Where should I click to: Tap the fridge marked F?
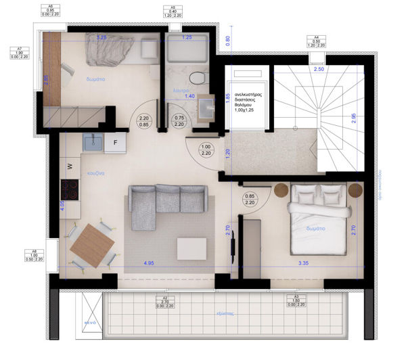coord(115,143)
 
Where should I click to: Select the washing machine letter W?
coord(70,165)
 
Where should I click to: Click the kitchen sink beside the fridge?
coord(91,142)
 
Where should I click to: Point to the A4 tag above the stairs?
coord(315,41)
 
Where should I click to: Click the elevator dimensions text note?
coord(250,106)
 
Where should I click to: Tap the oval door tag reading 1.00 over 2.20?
coord(206,150)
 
